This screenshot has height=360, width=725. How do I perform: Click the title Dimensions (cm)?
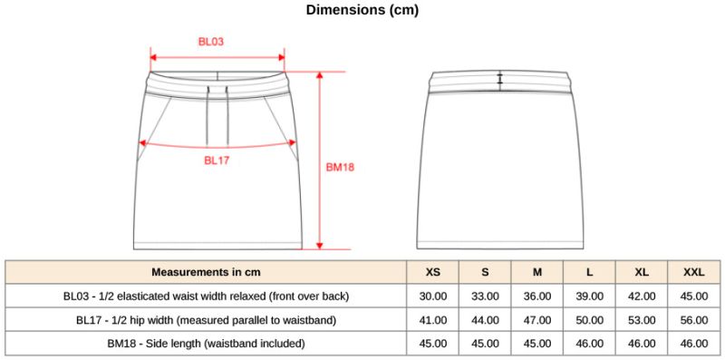[362, 10]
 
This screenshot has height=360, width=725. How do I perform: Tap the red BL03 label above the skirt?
[211, 42]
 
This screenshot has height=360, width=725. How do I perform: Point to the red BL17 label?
[217, 161]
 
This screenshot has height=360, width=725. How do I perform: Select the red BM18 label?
[341, 168]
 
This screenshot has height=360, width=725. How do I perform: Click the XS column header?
[433, 272]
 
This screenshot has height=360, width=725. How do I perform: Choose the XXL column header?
[694, 272]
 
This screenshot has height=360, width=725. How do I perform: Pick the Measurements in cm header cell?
[206, 272]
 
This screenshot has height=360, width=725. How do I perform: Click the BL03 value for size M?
[537, 297]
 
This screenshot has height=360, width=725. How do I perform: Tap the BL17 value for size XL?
[642, 320]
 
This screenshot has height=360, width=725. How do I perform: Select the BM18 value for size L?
[590, 344]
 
